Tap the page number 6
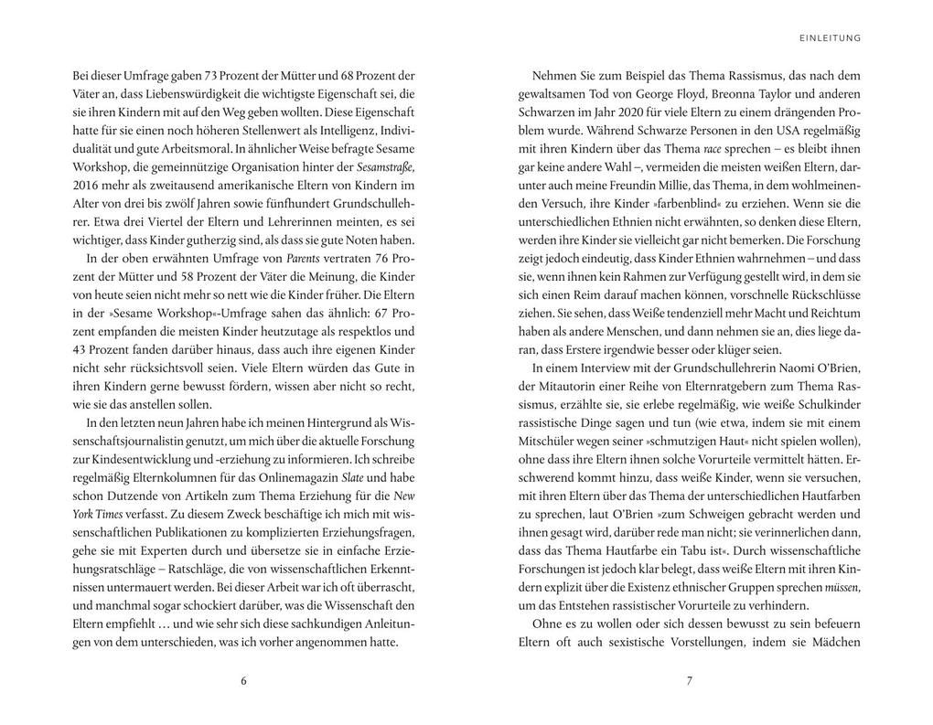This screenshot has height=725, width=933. pyautogui.click(x=243, y=679)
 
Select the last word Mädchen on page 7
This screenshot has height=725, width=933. pyautogui.click(x=834, y=642)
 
